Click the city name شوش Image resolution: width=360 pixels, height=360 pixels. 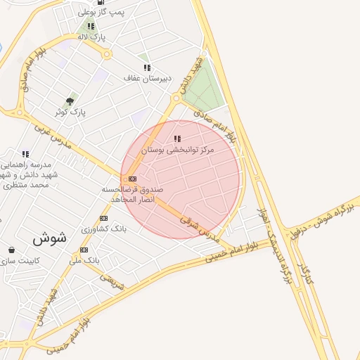[x=49, y=238]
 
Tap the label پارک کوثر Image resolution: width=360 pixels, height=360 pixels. [x=70, y=112]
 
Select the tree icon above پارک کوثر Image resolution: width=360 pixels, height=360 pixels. [x=70, y=101]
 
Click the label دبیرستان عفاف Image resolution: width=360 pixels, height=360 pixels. [x=147, y=78]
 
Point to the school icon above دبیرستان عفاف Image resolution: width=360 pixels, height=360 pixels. [x=147, y=68]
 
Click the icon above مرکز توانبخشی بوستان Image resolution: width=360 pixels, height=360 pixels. [x=177, y=139]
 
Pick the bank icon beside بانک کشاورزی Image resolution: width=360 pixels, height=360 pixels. [x=103, y=218]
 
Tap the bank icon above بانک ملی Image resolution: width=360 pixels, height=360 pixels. [x=84, y=250]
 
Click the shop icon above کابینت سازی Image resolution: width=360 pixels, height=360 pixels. [x=11, y=250]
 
